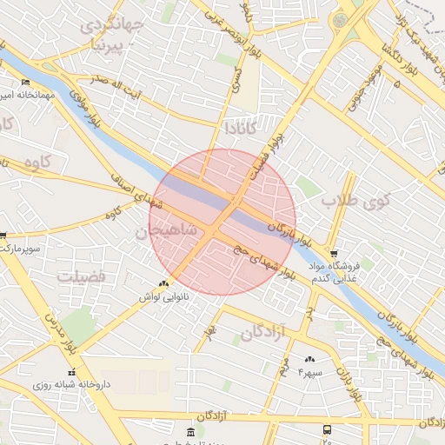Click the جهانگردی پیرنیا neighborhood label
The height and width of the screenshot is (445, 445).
(110, 32)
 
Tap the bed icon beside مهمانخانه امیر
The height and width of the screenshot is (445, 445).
(25, 82)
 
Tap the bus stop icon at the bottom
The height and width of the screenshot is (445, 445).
(327, 429)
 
